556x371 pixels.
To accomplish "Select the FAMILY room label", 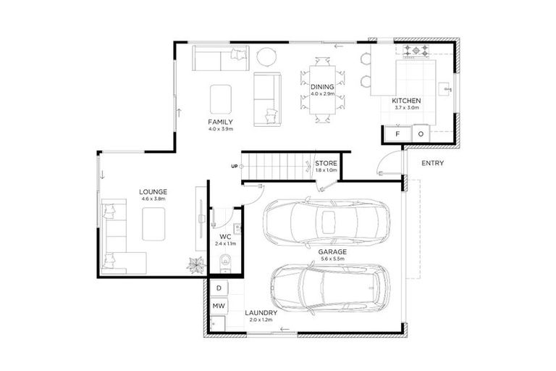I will tap(220, 121).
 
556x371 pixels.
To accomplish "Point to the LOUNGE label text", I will tap(153, 191).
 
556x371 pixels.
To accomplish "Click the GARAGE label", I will tap(332, 251).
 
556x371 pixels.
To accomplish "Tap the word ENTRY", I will tap(432, 163).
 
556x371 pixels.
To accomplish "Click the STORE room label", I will tap(327, 163).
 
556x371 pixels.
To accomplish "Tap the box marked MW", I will tap(219, 307).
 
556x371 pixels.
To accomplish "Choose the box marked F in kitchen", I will tap(397, 134).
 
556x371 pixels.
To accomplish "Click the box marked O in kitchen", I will tap(420, 134).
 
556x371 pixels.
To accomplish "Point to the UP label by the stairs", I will tap(234, 166).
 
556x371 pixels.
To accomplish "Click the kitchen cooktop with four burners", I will tap(418, 51).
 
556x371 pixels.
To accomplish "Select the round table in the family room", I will tap(267, 57).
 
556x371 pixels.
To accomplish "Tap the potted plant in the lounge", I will tap(195, 264).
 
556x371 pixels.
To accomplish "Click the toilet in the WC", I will tap(224, 262).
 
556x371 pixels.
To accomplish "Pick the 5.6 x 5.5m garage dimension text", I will tap(332, 259).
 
